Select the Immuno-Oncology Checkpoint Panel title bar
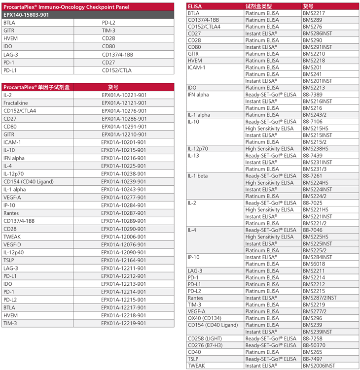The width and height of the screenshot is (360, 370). (x=67, y=6)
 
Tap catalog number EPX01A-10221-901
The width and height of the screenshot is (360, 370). (x=124, y=95)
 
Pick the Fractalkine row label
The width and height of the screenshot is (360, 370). (x=15, y=103)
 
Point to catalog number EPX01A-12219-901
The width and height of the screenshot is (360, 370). (x=124, y=323)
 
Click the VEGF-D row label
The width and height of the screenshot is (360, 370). (x=12, y=244)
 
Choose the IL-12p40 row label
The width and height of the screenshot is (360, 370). (x=14, y=252)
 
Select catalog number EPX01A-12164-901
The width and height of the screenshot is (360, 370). (x=124, y=260)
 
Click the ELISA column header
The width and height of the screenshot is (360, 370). (x=195, y=6)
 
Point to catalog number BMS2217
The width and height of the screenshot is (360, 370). (x=314, y=13)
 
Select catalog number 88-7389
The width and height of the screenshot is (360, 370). (x=313, y=95)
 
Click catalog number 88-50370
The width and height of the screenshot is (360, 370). (x=314, y=345)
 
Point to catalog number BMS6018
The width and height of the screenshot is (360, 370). (x=314, y=264)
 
